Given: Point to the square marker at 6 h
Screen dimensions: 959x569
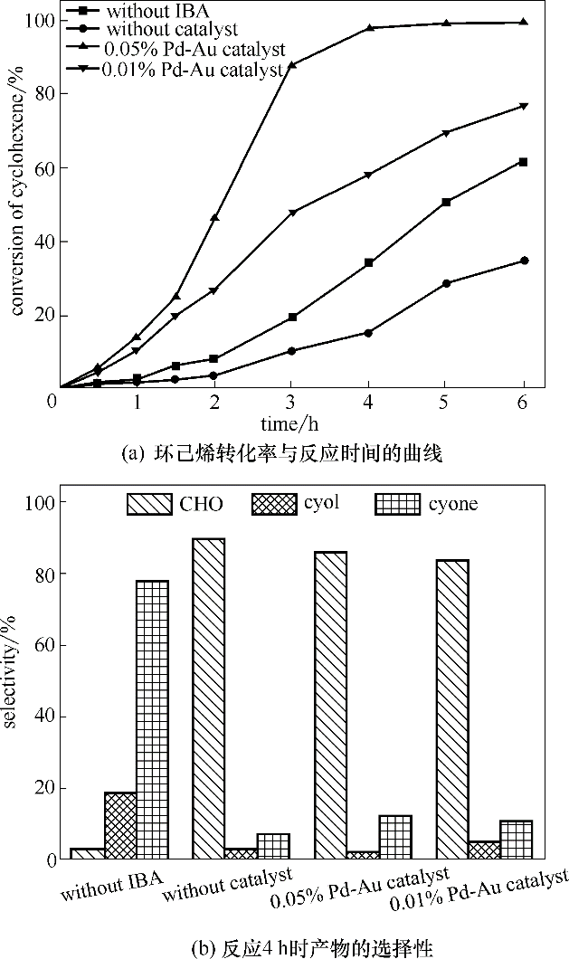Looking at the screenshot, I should [523, 162].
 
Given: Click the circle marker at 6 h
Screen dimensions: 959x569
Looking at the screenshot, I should [523, 261].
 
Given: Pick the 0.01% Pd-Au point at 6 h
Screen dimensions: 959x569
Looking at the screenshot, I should [523, 107].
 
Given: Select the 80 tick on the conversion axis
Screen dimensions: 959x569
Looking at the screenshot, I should [42, 94].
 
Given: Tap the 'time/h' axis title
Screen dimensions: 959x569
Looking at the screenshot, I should [291, 424].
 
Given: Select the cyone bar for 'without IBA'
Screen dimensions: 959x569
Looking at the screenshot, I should [152, 719].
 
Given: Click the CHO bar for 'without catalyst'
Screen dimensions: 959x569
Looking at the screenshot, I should [209, 698].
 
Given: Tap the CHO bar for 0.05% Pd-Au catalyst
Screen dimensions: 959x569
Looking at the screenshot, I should [330, 705].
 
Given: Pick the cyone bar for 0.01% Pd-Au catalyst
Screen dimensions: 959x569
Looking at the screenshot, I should [516, 839].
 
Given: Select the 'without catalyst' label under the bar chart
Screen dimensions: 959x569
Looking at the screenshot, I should [228, 886].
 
